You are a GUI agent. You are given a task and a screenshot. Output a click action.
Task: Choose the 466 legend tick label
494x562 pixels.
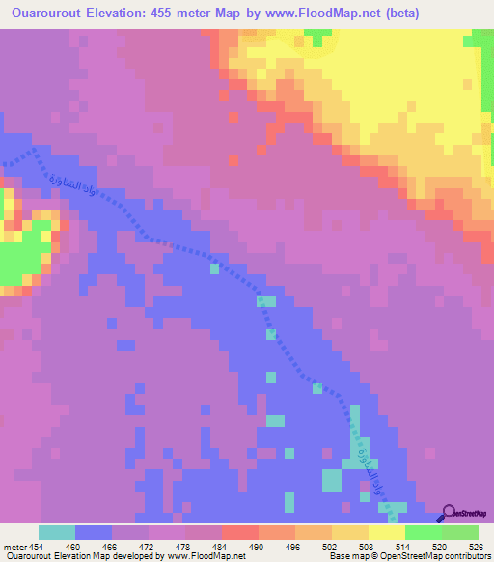click(94, 546)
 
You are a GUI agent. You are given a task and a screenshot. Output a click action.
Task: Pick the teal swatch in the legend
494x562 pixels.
click(57, 532)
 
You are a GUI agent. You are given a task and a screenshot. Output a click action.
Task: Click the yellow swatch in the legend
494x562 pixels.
click(386, 532)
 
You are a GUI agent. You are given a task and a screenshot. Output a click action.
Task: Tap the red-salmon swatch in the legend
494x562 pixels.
click(239, 532)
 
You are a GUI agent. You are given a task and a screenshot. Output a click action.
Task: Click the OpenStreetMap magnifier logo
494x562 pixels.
click(450, 515)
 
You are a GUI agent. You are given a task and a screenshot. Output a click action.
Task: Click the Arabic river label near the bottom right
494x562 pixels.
click(367, 468)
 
